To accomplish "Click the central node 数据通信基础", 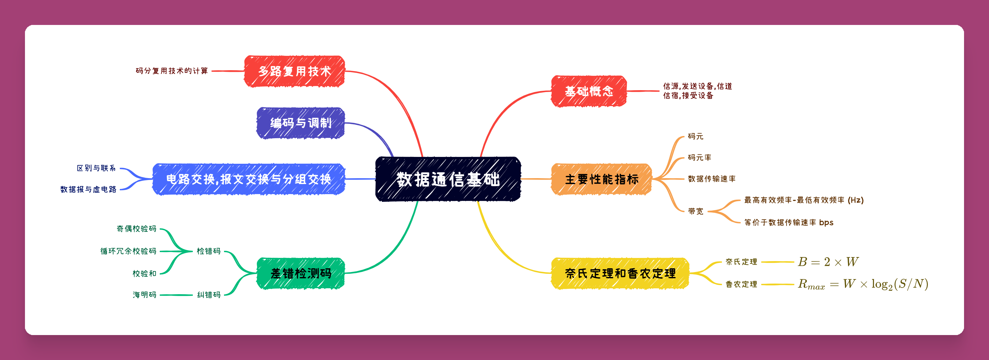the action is (x=448, y=179).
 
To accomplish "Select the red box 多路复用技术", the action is (x=295, y=71).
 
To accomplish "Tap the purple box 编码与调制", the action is (x=301, y=123).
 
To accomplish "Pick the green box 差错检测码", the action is (x=301, y=273).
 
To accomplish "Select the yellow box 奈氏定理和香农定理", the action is (x=620, y=273).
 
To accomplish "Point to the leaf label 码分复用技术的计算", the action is (x=172, y=71).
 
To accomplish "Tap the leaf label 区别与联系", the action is (x=96, y=168).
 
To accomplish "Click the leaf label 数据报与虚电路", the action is (x=88, y=189).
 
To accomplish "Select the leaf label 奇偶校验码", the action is (x=137, y=229).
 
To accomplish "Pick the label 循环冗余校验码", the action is (x=129, y=251).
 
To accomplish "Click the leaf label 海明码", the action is (x=145, y=295).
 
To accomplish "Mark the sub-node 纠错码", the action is (x=209, y=295).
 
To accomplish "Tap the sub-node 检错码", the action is (x=209, y=251).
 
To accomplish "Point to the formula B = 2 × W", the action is (x=828, y=262).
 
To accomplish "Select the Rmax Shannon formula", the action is (x=863, y=284).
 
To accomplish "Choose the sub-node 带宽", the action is (x=696, y=211).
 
